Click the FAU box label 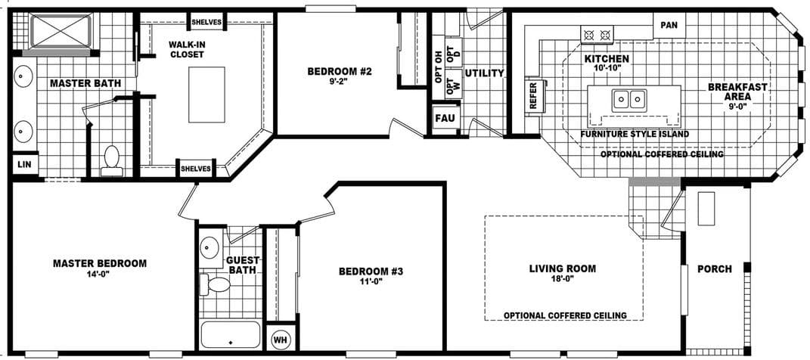click(x=444, y=118)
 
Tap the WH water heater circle click(x=280, y=340)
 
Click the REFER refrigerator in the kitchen click(x=533, y=97)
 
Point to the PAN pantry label click(x=669, y=25)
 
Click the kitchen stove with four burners click(x=597, y=34)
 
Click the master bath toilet click(x=112, y=159)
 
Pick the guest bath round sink click(x=209, y=247)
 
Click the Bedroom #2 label click(x=340, y=72)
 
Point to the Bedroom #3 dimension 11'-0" click(x=371, y=281)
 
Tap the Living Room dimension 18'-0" click(x=562, y=278)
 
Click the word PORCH click(x=714, y=268)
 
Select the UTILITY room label click(x=484, y=73)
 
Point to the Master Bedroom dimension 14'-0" click(x=99, y=274)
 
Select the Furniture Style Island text click(x=634, y=134)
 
